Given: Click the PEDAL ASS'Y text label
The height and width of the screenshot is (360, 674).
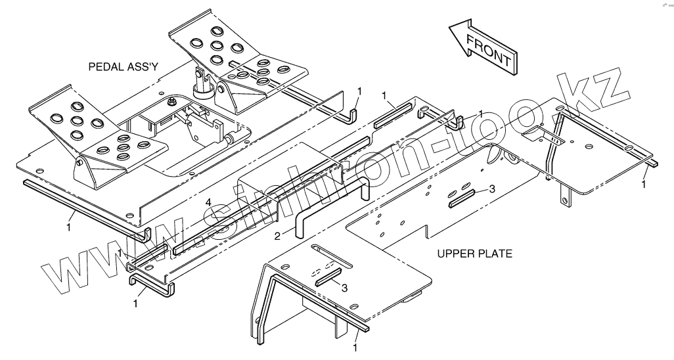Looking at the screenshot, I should pyautogui.click(x=125, y=66).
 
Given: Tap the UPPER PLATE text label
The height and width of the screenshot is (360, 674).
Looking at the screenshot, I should pyautogui.click(x=475, y=253).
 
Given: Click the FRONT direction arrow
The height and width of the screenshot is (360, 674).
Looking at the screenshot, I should pyautogui.click(x=483, y=47).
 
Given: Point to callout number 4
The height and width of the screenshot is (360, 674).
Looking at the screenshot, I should pyautogui.click(x=208, y=202).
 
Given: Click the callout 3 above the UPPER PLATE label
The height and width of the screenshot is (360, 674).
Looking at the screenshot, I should pyautogui.click(x=492, y=189).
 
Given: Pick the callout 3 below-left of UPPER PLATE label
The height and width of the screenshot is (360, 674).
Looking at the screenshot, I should pyautogui.click(x=344, y=287).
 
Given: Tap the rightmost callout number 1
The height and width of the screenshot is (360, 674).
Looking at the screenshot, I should pyautogui.click(x=644, y=185).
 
